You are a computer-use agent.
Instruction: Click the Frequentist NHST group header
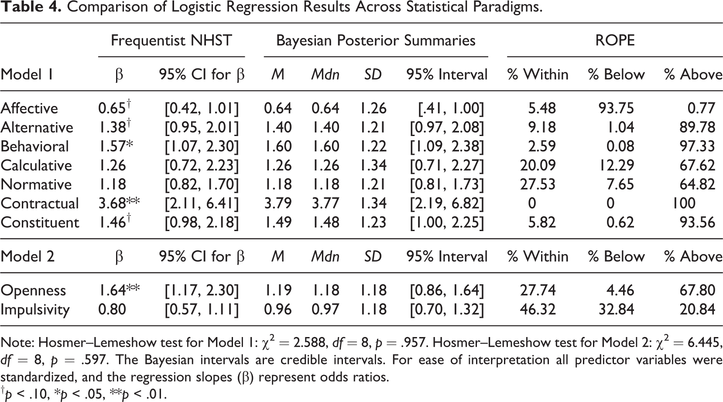(x=171, y=41)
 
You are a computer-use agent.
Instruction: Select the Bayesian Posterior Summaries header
(x=376, y=41)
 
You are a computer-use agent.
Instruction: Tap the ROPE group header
(x=615, y=41)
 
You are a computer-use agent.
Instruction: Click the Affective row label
(x=29, y=109)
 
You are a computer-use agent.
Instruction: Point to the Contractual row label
(x=40, y=204)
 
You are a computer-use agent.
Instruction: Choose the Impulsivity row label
(x=35, y=310)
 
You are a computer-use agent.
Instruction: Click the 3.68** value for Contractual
(x=119, y=203)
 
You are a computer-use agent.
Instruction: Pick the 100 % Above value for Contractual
(x=684, y=204)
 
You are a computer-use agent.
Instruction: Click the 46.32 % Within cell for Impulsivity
(x=538, y=310)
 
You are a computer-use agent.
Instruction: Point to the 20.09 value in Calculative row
(x=538, y=166)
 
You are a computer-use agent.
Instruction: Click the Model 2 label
(x=27, y=256)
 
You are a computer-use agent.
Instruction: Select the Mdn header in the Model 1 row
(x=326, y=75)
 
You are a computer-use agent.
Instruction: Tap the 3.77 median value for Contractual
(x=326, y=204)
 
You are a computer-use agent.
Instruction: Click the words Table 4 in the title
(x=31, y=7)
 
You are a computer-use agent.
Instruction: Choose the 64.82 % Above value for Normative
(x=697, y=184)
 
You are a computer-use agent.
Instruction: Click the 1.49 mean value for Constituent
(x=278, y=223)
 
